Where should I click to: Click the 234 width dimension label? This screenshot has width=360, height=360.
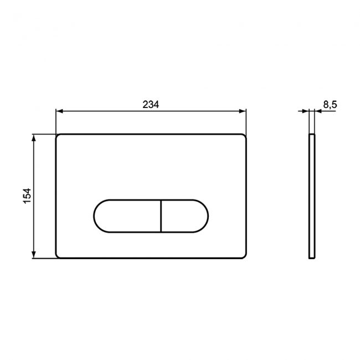[x=151, y=104]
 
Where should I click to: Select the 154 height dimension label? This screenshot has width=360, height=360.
[x=27, y=196]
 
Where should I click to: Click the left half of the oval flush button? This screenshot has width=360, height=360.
[x=127, y=215]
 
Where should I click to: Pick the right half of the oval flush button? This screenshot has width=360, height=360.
[x=184, y=215]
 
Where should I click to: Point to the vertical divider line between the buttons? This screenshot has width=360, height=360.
[x=161, y=215]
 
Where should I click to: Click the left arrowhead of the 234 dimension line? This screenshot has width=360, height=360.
[x=59, y=111]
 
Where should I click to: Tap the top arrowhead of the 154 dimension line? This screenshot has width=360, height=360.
[x=35, y=137]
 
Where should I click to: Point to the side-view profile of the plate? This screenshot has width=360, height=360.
[x=312, y=196]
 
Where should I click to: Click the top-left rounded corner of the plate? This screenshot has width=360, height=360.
[x=58, y=136]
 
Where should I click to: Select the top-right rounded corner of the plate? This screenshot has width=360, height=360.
[x=244, y=136]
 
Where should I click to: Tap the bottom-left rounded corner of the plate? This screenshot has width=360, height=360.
[x=58, y=256]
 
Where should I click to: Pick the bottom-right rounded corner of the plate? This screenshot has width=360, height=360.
[x=244, y=256]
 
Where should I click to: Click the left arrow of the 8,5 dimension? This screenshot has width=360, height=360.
[x=306, y=111]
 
